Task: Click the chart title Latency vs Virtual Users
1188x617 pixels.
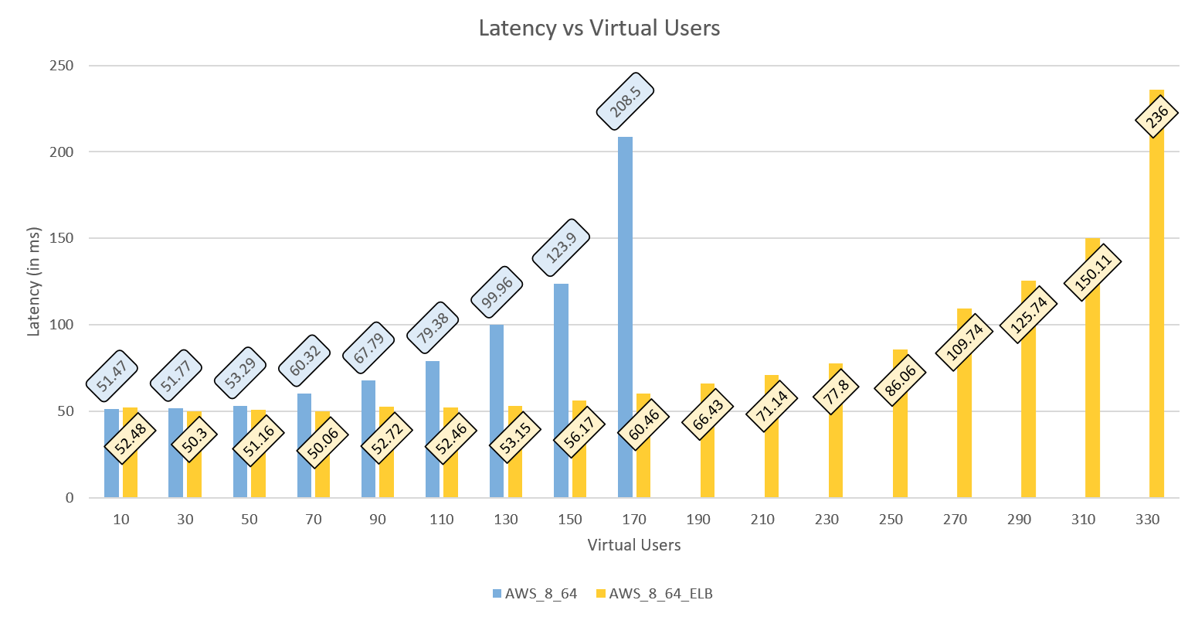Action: point(599,29)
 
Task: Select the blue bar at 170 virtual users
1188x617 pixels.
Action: point(625,317)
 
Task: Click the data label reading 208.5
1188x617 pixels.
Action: point(625,101)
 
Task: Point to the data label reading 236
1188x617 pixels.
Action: point(1156,119)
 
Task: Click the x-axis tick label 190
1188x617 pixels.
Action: point(698,520)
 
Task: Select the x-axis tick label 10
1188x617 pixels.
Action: point(121,520)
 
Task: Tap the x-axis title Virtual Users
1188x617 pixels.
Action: point(633,545)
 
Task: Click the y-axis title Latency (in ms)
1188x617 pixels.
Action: point(34,281)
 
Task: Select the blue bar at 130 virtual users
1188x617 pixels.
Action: point(497,411)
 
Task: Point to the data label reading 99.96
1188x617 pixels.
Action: point(497,293)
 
